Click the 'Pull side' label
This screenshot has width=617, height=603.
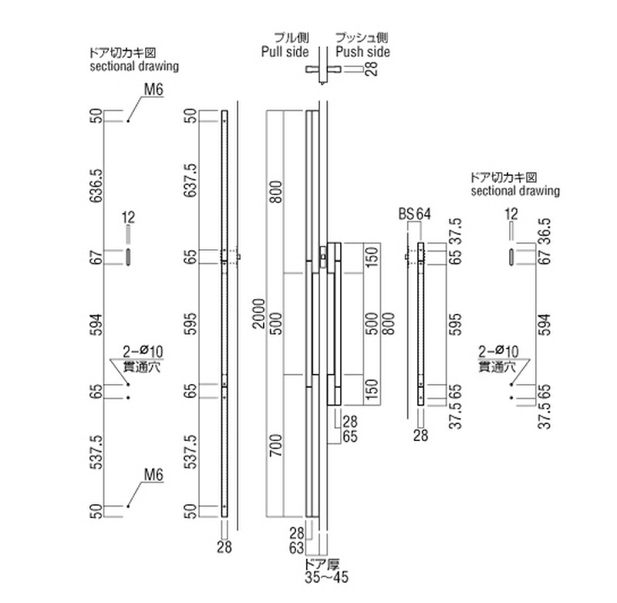point(283,52)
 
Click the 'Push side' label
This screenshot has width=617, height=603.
point(362,52)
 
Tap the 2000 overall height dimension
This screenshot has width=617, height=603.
point(259,313)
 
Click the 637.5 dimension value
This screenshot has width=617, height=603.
point(190,182)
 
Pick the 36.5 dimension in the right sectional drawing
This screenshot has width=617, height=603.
point(545,228)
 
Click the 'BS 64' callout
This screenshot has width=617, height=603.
point(413,214)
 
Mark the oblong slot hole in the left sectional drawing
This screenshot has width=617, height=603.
point(129,257)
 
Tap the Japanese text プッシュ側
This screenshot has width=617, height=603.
point(362,37)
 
